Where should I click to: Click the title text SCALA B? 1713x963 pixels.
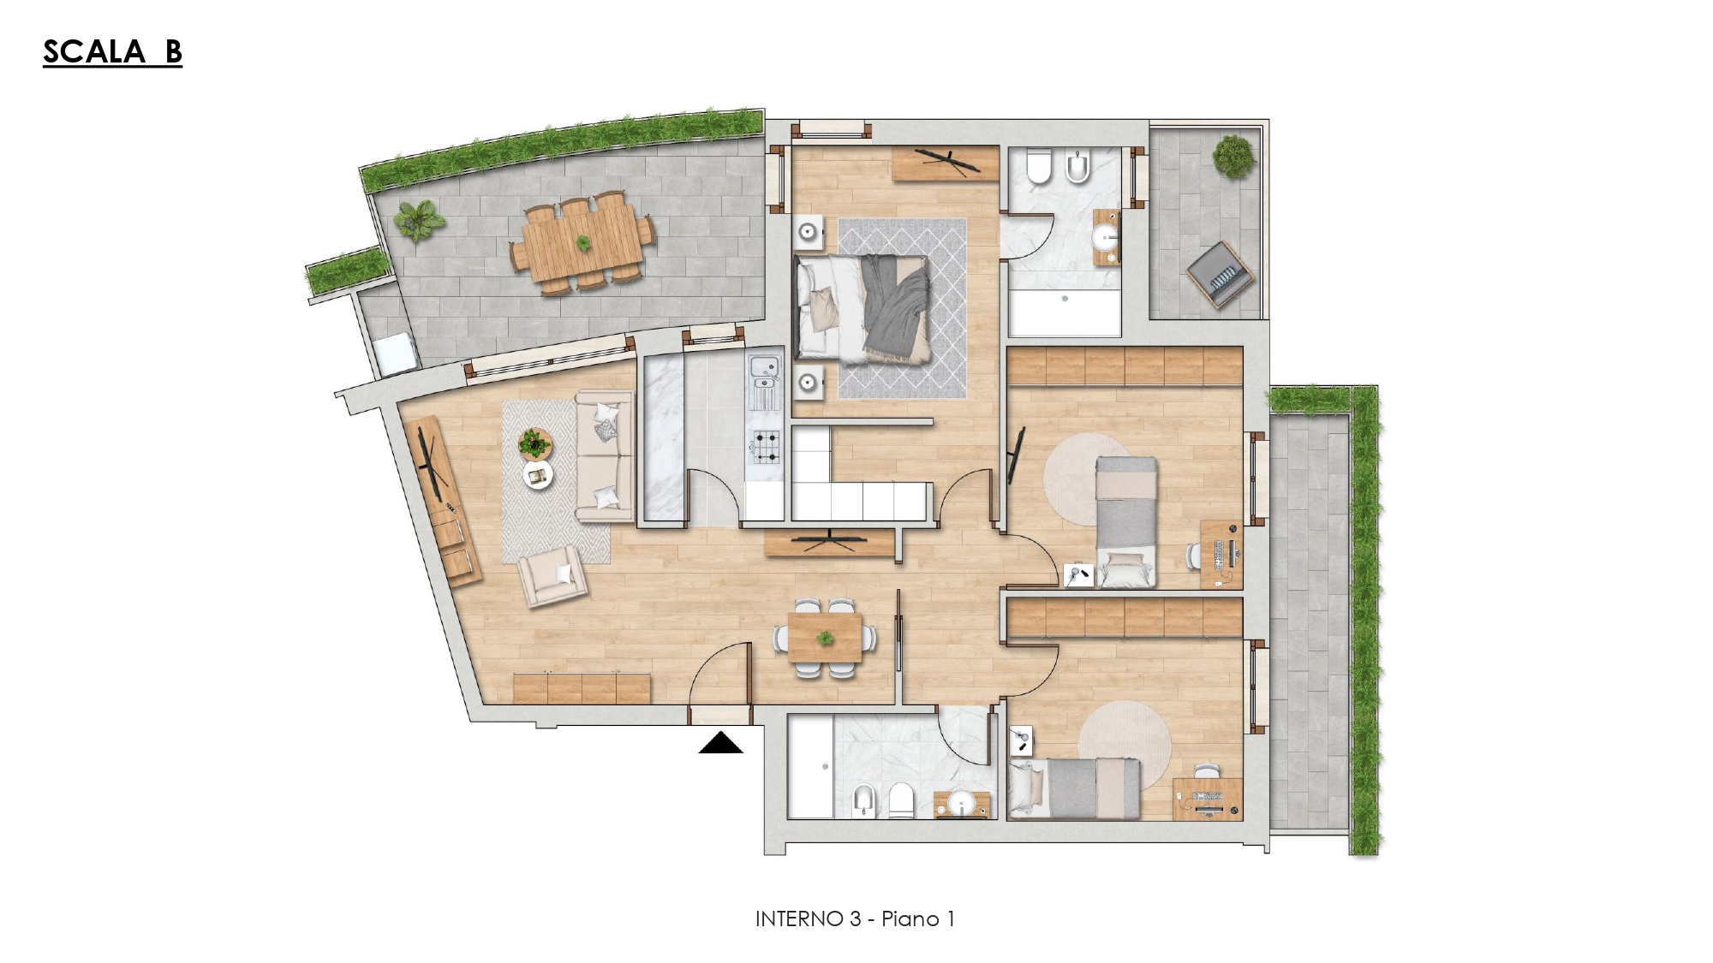(112, 51)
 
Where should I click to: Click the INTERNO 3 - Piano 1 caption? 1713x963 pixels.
(855, 918)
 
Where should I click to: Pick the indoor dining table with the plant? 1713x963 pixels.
(825, 638)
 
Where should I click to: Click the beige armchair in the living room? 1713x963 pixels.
(553, 576)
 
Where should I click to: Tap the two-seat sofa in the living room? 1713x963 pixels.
(605, 455)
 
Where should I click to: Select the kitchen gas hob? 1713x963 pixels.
(766, 448)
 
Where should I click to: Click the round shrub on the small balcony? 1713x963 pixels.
(1233, 157)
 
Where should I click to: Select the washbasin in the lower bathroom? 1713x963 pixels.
(962, 805)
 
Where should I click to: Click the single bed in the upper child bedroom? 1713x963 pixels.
(1126, 521)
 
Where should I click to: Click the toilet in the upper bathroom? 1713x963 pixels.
(1039, 167)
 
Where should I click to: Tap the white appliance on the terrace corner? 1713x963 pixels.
(395, 354)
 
